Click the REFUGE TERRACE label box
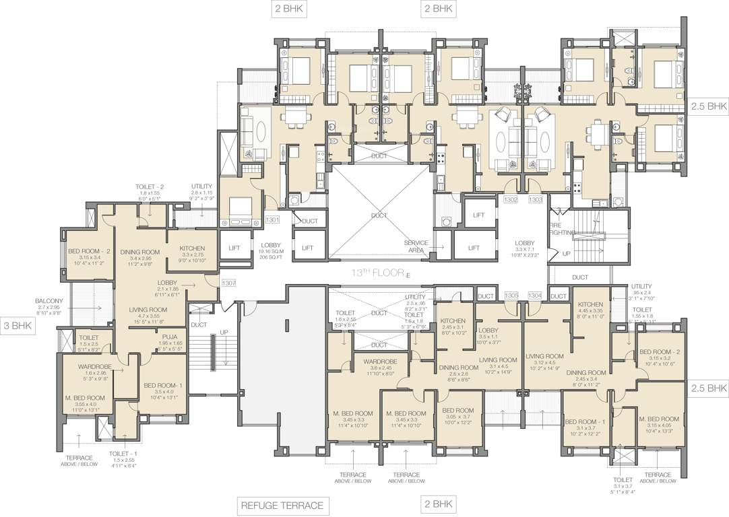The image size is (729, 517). (x=282, y=505)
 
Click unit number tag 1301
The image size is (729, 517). (x=272, y=219)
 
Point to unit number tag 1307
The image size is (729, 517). (x=228, y=283)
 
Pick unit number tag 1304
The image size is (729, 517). (x=536, y=295)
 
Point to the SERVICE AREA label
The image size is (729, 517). (x=416, y=247)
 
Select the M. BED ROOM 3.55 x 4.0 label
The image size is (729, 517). (x=86, y=397)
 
